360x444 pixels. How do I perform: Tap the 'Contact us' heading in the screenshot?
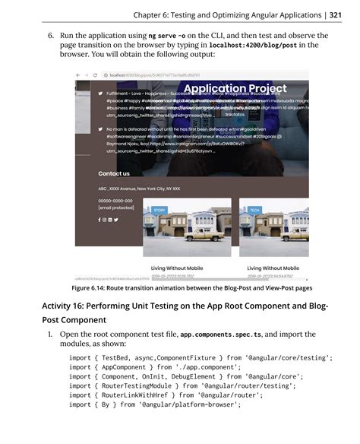[x=114, y=173]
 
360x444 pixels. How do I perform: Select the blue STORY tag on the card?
[x=159, y=209]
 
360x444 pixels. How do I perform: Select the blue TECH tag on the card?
[x=254, y=209]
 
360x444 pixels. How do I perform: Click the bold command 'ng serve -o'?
[x=171, y=36]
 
